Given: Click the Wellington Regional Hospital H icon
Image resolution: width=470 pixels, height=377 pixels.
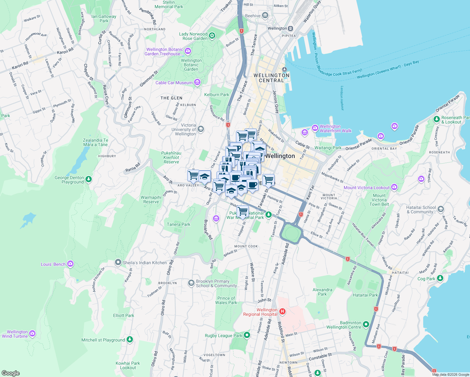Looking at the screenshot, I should point(282,312).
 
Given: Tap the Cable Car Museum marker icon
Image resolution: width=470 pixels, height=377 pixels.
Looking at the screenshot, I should point(197,83).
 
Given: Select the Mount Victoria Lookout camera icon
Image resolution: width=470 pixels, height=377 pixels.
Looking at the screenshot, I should point(394,188).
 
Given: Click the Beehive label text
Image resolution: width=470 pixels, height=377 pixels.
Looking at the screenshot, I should point(253,16).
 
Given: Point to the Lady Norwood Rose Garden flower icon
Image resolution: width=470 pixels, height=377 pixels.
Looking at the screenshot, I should point(212,36).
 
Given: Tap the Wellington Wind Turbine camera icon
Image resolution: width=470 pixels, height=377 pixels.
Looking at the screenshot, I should point(32,334).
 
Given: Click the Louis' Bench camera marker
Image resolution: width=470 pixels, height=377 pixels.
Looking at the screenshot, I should point(70,264).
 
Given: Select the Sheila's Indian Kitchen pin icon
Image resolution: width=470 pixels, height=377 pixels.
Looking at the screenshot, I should point(118,262).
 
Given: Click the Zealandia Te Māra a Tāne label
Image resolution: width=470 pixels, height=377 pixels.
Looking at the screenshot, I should point(96,142).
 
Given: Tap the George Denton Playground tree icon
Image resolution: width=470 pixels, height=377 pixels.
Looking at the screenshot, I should point(89,179).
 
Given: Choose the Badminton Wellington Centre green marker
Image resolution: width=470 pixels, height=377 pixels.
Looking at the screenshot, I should point(366,324).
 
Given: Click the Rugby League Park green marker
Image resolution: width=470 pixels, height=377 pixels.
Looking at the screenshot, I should point(247,335).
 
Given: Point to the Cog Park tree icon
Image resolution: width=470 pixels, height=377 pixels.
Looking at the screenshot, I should point(440,278).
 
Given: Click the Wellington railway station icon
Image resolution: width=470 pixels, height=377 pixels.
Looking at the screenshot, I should point(291,28).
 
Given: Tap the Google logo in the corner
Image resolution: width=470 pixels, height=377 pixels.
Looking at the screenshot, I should point(10,373).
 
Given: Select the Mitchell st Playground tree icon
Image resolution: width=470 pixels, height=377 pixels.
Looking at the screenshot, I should point(129,340).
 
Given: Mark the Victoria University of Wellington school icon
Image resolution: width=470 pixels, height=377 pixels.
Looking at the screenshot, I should point(201,129).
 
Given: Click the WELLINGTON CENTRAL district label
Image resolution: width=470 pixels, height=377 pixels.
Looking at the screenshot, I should point(271,78).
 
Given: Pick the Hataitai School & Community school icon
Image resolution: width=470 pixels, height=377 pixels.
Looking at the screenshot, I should point(441,209).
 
